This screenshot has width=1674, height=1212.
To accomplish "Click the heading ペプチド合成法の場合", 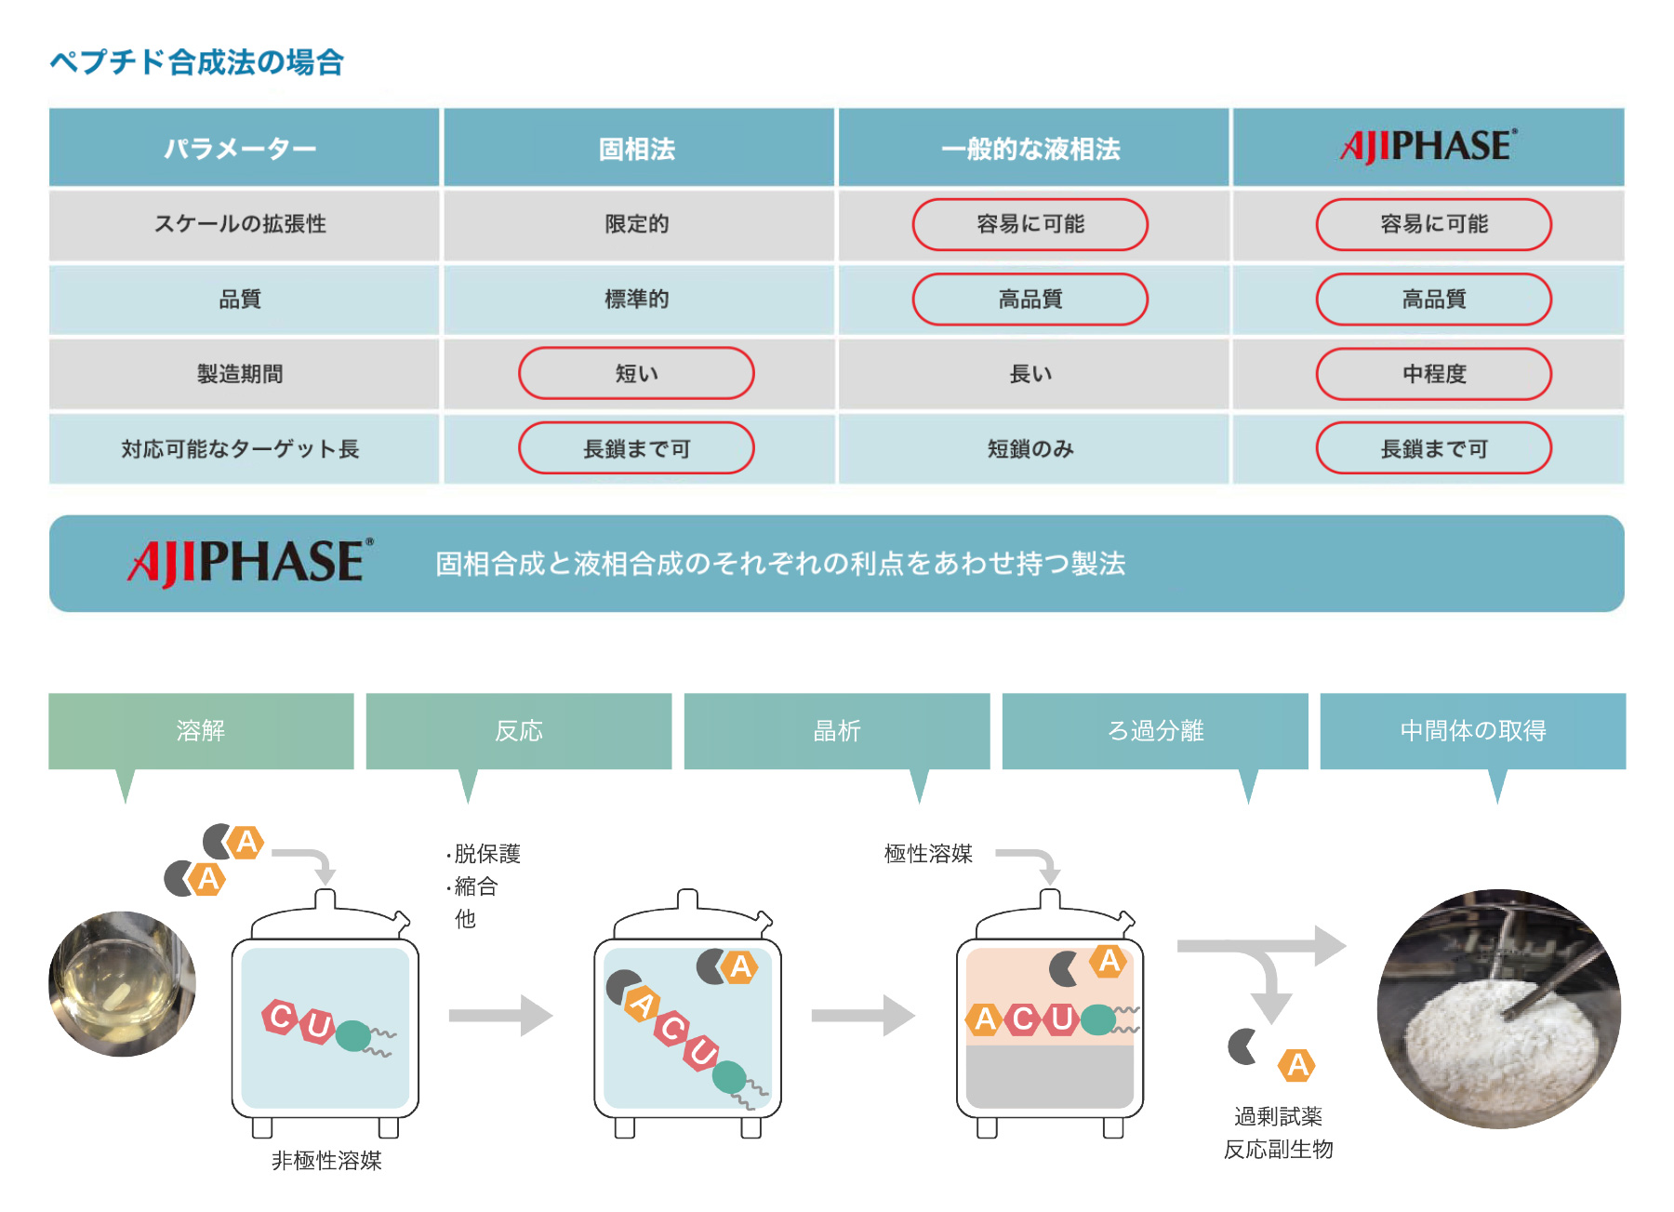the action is tap(197, 62).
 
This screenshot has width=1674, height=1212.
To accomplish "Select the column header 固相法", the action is tap(637, 149).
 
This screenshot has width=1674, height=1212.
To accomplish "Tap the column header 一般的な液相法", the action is tap(1030, 149).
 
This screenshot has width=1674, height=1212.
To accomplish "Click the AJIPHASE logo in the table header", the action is tap(1428, 146).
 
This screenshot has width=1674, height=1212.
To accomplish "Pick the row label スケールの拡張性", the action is tap(240, 224).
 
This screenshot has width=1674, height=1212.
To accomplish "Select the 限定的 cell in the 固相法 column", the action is tap(637, 224).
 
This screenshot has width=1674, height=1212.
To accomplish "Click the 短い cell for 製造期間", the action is tap(637, 373).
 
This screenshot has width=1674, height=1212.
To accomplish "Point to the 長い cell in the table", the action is tap(1030, 374).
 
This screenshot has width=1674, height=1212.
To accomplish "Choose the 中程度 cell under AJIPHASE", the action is tap(1434, 374).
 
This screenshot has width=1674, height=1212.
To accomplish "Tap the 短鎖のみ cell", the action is tap(1030, 449).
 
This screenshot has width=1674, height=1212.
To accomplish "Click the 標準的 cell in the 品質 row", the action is tap(637, 300).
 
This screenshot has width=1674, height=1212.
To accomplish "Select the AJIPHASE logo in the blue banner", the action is tap(250, 563).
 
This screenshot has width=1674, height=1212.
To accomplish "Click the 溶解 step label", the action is tap(201, 731).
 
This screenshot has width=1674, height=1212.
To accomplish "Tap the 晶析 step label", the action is tap(837, 731).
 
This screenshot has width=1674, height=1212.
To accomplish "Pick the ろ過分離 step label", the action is tap(1156, 731).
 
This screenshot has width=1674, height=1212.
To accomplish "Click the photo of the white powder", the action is tap(1498, 1008).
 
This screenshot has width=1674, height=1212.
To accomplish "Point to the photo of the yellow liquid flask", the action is tap(123, 983).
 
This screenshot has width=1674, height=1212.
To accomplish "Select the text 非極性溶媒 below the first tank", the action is tap(326, 1161).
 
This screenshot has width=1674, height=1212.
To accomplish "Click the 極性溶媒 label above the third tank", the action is tap(928, 854).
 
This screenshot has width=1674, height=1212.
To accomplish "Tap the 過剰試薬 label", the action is tap(1278, 1116).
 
